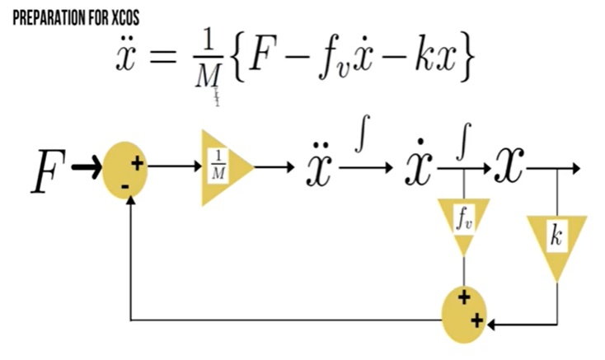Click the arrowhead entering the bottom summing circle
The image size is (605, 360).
coord(492,324)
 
